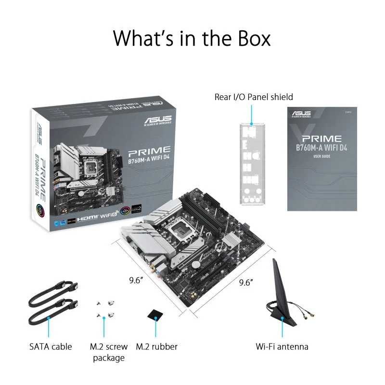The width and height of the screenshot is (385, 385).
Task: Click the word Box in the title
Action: click(x=248, y=38)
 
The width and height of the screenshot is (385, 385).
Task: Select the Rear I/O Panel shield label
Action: click(x=254, y=97)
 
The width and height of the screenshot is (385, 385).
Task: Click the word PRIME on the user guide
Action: click(x=322, y=139)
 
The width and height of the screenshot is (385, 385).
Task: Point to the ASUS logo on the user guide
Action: click(x=301, y=115)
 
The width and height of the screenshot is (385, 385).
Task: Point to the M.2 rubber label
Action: click(x=156, y=346)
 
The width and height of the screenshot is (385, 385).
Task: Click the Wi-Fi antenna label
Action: click(x=282, y=346)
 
